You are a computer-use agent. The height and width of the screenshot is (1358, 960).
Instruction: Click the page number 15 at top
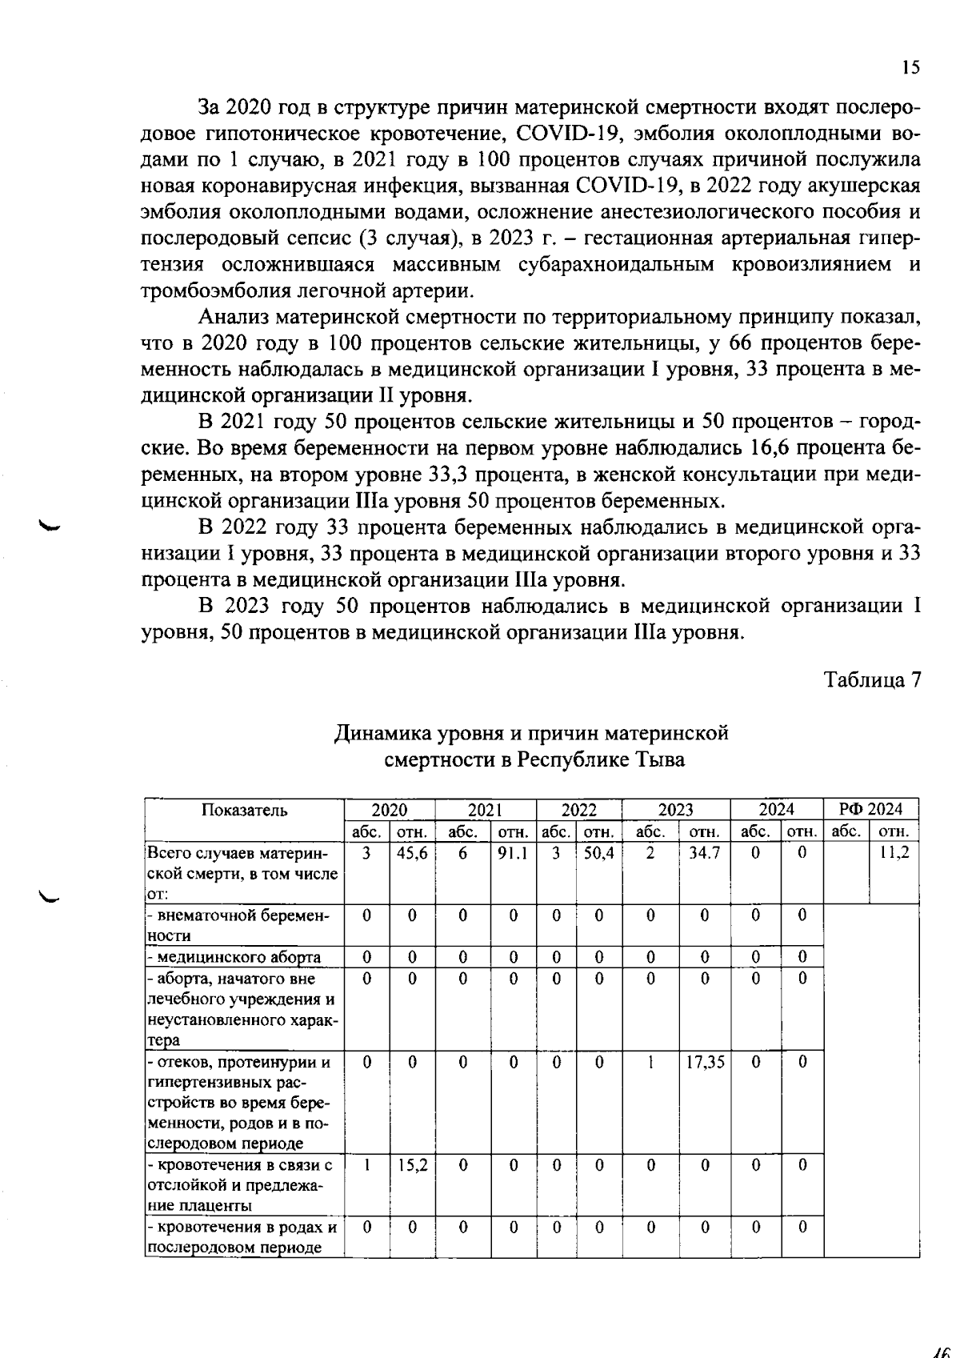pyautogui.click(x=910, y=68)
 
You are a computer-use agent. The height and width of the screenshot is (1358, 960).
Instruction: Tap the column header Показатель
pyautogui.click(x=244, y=810)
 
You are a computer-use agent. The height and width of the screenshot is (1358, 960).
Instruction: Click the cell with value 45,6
pyautogui.click(x=412, y=853)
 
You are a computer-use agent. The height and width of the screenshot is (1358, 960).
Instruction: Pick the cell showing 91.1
pyautogui.click(x=512, y=853)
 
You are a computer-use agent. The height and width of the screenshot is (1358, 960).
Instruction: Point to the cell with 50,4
pyautogui.click(x=598, y=853)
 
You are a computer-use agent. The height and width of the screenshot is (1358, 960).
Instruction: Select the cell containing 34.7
pyautogui.click(x=704, y=853)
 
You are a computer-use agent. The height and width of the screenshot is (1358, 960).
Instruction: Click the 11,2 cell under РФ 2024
pyautogui.click(x=894, y=853)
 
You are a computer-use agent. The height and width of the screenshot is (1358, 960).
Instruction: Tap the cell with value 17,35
pyautogui.click(x=704, y=1062)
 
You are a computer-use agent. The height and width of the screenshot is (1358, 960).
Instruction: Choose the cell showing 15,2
pyautogui.click(x=412, y=1165)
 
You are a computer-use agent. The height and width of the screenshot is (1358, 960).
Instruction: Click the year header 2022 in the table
pyautogui.click(x=578, y=809)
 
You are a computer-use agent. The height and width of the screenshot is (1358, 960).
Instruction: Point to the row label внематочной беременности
pyautogui.click(x=238, y=925)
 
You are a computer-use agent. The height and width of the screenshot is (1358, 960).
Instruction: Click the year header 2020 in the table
pyautogui.click(x=390, y=809)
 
